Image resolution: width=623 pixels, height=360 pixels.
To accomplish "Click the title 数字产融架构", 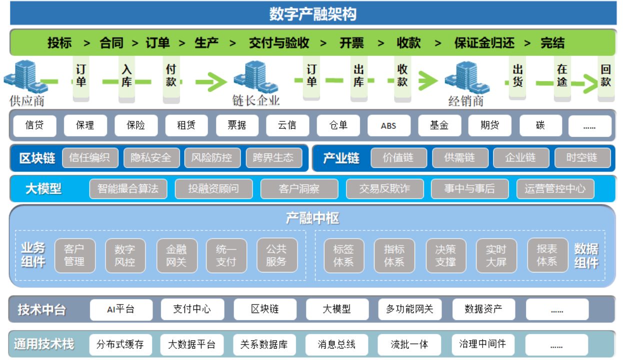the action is pyautogui.click(x=313, y=13).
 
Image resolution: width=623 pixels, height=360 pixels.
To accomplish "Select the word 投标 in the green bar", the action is pyautogui.click(x=59, y=43).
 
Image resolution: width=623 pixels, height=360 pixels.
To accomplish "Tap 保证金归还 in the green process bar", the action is pyautogui.click(x=484, y=43).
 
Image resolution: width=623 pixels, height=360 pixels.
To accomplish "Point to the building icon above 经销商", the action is pyautogui.click(x=467, y=77).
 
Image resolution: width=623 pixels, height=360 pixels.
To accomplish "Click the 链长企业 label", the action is pyautogui.click(x=256, y=100).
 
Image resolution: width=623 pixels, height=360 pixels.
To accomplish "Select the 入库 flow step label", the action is pyautogui.click(x=126, y=75).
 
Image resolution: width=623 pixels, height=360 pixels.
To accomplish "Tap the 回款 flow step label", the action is pyautogui.click(x=606, y=75).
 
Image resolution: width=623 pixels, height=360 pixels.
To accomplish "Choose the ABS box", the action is pyautogui.click(x=388, y=125).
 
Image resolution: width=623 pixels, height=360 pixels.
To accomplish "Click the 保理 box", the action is pyautogui.click(x=85, y=125).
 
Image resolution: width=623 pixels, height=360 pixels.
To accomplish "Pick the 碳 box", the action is pyautogui.click(x=540, y=125).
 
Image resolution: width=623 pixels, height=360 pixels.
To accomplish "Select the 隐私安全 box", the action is pyautogui.click(x=151, y=157).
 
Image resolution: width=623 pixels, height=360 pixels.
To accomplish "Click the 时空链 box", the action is pyautogui.click(x=582, y=157).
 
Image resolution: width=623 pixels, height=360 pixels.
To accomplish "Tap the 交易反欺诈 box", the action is pyautogui.click(x=384, y=189).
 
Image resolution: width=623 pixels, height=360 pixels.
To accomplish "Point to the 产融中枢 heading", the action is pyautogui.click(x=312, y=218).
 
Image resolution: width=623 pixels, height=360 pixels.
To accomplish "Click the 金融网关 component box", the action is pyautogui.click(x=177, y=255).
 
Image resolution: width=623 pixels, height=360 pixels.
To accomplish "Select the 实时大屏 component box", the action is pyautogui.click(x=496, y=255).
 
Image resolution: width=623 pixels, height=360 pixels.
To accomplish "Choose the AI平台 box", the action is pyautogui.click(x=121, y=309).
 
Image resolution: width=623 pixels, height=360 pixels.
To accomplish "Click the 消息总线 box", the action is pyautogui.click(x=336, y=344).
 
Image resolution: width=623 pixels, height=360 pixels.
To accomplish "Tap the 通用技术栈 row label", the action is pyautogui.click(x=44, y=344).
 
